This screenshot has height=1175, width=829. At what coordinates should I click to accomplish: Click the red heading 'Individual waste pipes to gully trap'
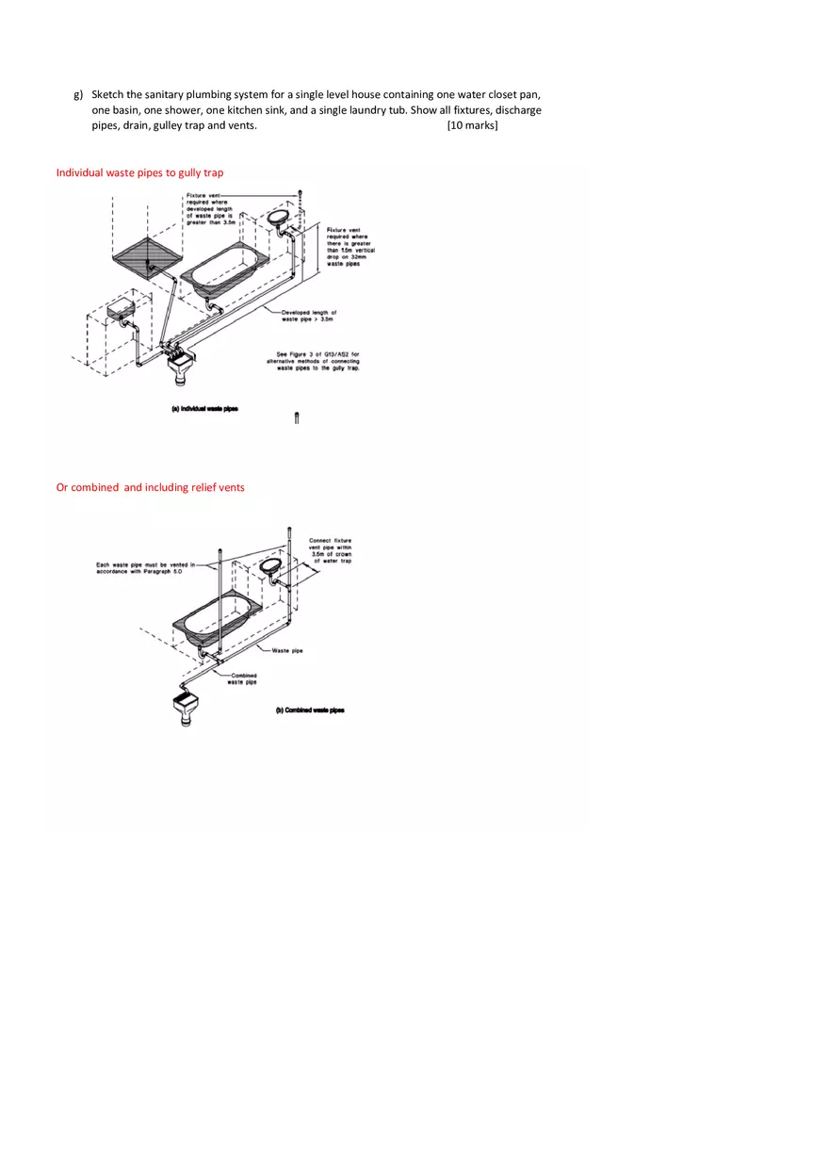[x=139, y=172]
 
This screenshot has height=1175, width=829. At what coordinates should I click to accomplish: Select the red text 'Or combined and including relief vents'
[x=150, y=487]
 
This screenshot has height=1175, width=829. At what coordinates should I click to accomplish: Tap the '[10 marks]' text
[x=472, y=125]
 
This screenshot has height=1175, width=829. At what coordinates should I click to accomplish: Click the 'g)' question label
[x=78, y=95]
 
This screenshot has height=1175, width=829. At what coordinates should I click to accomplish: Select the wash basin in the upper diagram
[x=279, y=216]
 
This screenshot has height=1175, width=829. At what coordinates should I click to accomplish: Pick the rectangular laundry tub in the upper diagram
[x=122, y=309]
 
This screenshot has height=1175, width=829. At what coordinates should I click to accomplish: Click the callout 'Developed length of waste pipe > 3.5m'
[x=309, y=316]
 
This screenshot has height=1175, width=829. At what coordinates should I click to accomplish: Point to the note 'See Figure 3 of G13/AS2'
[x=318, y=361]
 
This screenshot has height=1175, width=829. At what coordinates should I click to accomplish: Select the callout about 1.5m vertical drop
[x=350, y=247]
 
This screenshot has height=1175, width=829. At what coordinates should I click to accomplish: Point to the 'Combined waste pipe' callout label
[x=243, y=678]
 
